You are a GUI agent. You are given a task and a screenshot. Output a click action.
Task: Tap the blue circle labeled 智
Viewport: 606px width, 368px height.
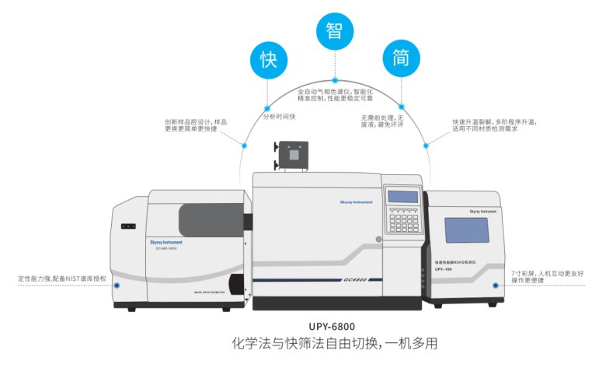[x=336, y=32]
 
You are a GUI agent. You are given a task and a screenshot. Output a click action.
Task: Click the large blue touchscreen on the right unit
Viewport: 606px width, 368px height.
[x=466, y=230]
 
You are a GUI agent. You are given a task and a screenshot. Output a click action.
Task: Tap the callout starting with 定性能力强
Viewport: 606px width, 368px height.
[x=58, y=277]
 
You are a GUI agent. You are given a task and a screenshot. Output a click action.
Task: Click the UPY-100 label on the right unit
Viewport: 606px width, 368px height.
[x=444, y=271]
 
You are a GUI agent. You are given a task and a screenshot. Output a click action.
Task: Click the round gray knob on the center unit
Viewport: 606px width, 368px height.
[x=378, y=239]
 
